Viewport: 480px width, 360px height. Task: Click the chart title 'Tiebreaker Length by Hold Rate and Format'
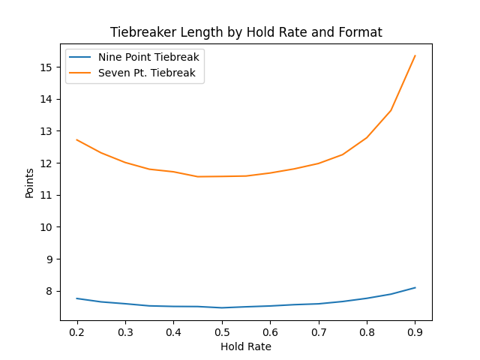coord(246,32)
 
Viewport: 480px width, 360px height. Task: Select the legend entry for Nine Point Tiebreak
coord(148,57)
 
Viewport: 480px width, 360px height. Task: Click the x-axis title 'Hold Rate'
coord(246,346)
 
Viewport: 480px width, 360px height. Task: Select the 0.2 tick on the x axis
coord(77,331)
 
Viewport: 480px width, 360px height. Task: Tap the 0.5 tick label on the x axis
coord(222,331)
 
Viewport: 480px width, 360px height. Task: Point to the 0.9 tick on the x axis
coord(415,331)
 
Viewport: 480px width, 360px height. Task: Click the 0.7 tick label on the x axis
coord(318,331)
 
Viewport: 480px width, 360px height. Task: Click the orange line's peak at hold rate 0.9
coord(415,55)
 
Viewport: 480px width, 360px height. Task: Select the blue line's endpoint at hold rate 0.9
coord(415,287)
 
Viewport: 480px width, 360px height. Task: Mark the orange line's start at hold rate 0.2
coord(77,139)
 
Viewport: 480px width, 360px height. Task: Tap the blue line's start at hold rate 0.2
coord(77,298)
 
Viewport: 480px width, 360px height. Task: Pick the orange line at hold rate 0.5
coord(222,176)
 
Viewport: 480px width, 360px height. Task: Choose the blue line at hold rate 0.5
coord(222,307)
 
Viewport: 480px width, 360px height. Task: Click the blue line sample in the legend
coord(81,57)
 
